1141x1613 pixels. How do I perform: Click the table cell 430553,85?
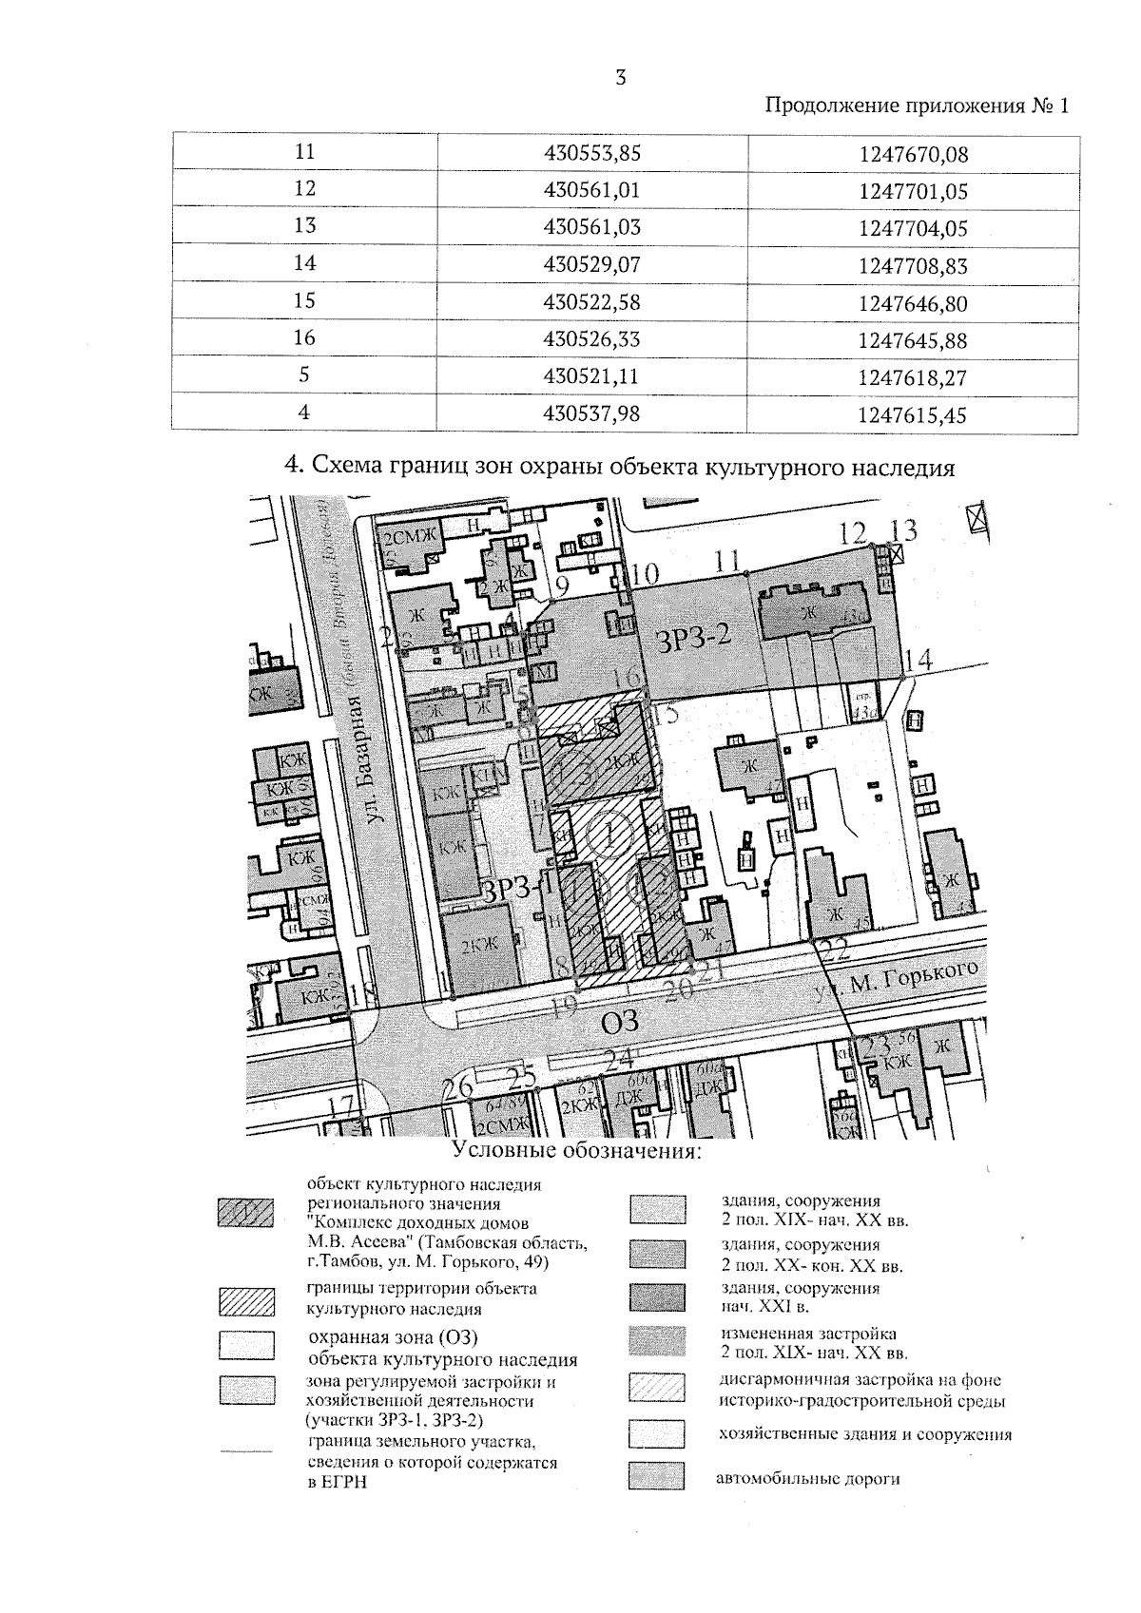click(591, 154)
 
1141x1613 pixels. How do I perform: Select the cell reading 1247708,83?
click(913, 267)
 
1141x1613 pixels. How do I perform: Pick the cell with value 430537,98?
click(591, 414)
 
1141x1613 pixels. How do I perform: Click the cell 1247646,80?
click(913, 304)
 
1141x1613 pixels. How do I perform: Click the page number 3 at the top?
click(621, 79)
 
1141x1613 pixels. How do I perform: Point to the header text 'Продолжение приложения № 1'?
click(917, 106)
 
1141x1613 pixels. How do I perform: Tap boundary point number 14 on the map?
click(919, 659)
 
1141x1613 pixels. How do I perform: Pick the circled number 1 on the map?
click(609, 837)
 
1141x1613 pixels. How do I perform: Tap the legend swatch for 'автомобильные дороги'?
click(656, 1476)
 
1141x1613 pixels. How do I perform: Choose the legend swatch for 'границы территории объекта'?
click(245, 1301)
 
